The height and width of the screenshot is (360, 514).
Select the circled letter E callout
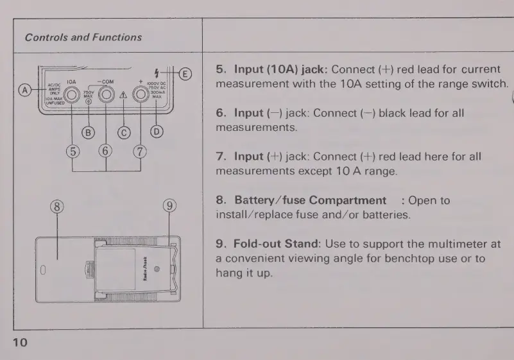(184, 74)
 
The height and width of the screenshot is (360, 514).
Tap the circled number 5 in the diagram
(73, 152)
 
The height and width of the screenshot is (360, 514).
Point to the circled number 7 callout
(139, 152)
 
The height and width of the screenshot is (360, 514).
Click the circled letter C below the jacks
(123, 133)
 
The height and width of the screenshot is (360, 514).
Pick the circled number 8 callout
(57, 206)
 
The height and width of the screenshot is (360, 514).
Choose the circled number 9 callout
(169, 206)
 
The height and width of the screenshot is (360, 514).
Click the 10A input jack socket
(72, 95)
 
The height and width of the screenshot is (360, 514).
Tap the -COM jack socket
(106, 95)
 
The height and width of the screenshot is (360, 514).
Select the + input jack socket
(139, 95)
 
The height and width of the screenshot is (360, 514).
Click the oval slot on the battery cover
(43, 270)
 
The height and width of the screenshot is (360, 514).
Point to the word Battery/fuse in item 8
(270, 200)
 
